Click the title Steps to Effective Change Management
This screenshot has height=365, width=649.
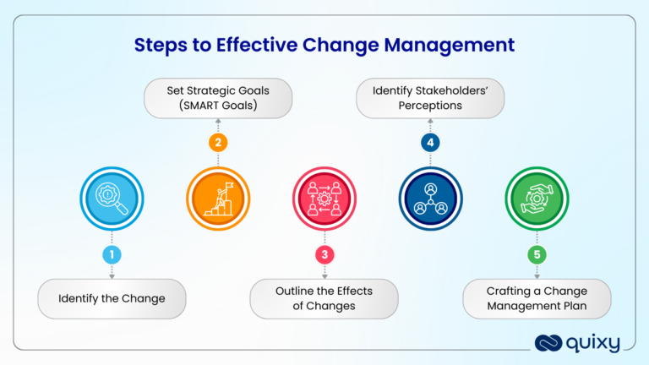(324, 44)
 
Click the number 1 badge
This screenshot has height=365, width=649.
(112, 254)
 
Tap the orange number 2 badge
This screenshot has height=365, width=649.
(218, 143)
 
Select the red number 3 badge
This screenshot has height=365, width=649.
(324, 254)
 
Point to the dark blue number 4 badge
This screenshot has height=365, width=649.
(430, 143)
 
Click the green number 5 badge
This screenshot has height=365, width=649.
(537, 254)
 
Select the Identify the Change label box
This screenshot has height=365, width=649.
(112, 298)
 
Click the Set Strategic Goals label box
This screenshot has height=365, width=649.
(218, 97)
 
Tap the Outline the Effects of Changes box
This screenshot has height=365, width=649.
(324, 298)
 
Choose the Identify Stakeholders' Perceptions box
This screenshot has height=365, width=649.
(430, 97)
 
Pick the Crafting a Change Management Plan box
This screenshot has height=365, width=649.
(537, 298)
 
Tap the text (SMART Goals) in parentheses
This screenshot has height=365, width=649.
(218, 106)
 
